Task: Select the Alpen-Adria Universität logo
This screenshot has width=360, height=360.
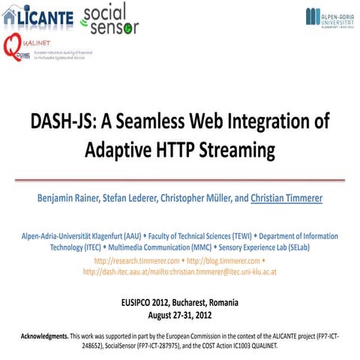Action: [x=330, y=18]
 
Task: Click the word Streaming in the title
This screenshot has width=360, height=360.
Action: [x=236, y=151]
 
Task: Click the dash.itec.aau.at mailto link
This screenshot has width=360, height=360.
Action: [x=180, y=271]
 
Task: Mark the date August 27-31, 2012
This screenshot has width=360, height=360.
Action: [x=180, y=314]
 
